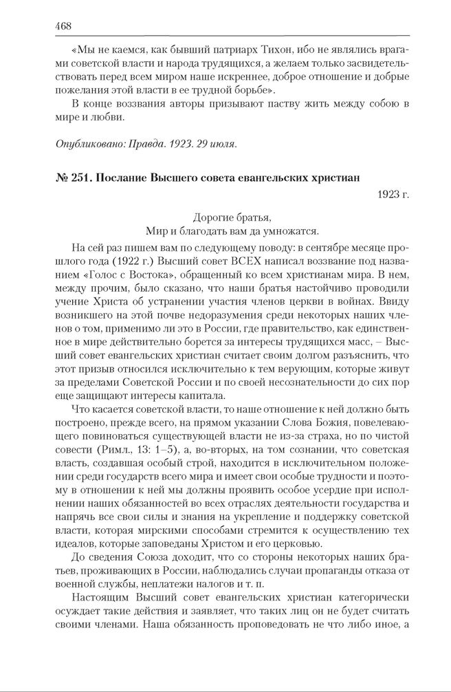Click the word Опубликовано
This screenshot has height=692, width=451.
(x=81, y=144)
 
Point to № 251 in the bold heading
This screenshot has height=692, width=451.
(x=71, y=177)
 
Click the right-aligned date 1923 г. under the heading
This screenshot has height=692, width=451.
(x=393, y=195)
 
